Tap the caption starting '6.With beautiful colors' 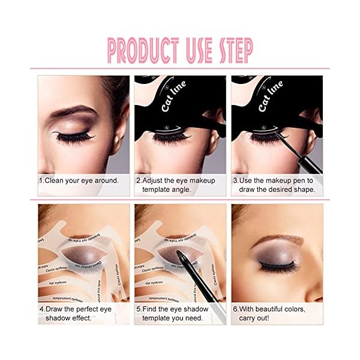pos(269,313)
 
